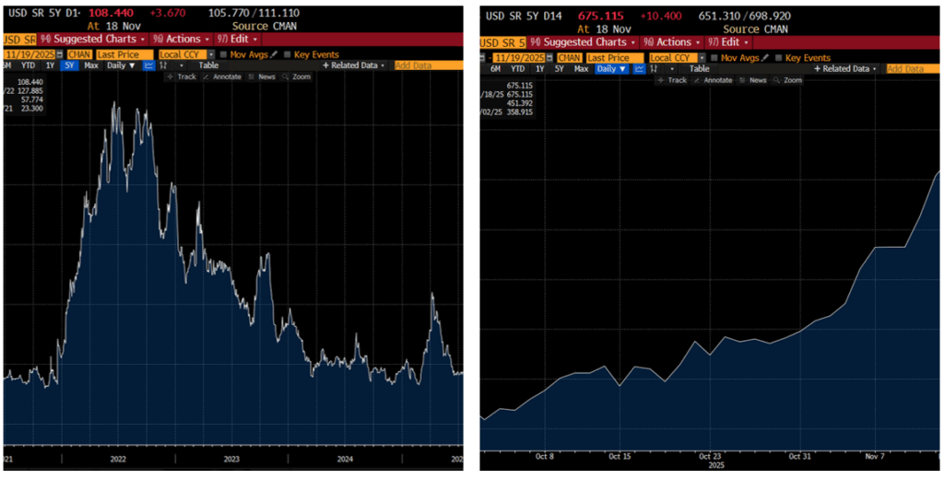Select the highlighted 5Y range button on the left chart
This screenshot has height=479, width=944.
coord(68,66)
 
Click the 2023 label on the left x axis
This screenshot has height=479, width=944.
coord(231,459)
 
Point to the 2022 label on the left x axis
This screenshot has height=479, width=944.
coord(117,459)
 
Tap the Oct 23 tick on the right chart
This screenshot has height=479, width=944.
coord(709,456)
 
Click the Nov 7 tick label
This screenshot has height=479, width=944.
coord(869,456)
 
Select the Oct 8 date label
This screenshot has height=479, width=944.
coord(545,456)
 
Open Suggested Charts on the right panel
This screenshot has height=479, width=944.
coord(584,42)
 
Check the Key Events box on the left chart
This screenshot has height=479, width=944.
coord(288,55)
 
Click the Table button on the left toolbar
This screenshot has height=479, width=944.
coord(208,66)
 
